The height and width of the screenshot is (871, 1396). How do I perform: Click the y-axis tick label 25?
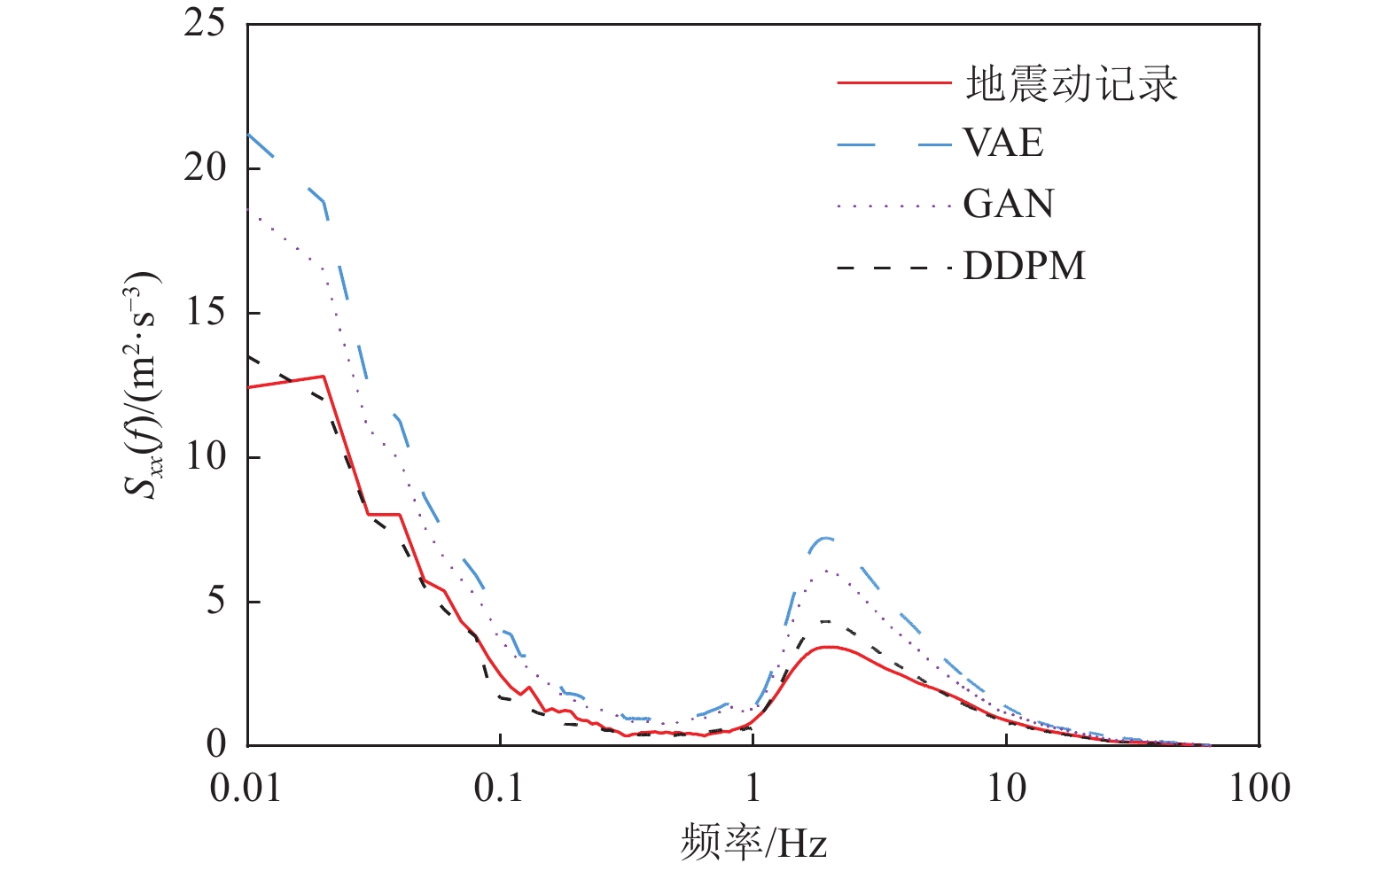pyautogui.click(x=205, y=24)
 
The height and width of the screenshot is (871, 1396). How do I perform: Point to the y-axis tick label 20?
pyautogui.click(x=205, y=167)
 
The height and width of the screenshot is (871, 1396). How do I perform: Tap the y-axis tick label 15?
pyautogui.click(x=205, y=312)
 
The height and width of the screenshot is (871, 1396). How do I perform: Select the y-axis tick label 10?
pyautogui.click(x=205, y=456)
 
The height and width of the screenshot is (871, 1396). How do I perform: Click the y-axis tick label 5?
pyautogui.click(x=216, y=601)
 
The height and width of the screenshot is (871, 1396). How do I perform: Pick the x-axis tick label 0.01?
pyautogui.click(x=246, y=788)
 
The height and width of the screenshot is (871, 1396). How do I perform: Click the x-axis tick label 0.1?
pyautogui.click(x=499, y=788)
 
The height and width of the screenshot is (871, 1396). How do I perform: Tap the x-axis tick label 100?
pyautogui.click(x=1259, y=788)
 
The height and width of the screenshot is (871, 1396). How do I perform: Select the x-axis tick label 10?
pyautogui.click(x=1006, y=788)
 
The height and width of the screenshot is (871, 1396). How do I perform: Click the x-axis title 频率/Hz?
pyautogui.click(x=753, y=843)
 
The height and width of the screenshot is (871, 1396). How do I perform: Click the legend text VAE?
pyautogui.click(x=1003, y=144)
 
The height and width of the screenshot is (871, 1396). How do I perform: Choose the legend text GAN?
pyautogui.click(x=1009, y=205)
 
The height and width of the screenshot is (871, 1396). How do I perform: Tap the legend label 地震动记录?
pyautogui.click(x=1072, y=84)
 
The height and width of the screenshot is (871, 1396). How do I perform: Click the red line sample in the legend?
pyautogui.click(x=893, y=83)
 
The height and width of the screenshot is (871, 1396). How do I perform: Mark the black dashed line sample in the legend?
pyautogui.click(x=893, y=267)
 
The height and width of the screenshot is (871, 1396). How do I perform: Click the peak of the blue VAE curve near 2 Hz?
pyautogui.click(x=825, y=538)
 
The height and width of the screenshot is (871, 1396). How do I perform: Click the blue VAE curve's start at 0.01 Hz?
pyautogui.click(x=249, y=135)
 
